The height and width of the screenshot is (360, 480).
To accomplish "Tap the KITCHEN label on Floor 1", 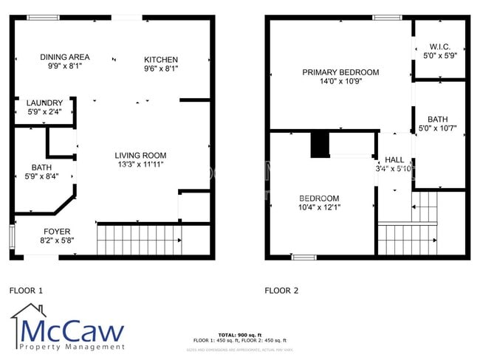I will [161, 60].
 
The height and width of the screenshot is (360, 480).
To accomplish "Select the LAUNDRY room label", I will [44, 103].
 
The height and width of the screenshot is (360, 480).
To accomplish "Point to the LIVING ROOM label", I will [140, 156].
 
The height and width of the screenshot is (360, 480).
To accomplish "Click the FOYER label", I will [57, 231].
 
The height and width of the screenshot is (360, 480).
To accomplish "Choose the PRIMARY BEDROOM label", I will [340, 72].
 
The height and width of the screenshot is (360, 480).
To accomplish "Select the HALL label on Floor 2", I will [394, 159].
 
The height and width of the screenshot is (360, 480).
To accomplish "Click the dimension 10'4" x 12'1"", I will [319, 207].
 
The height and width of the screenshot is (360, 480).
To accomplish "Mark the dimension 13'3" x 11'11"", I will [140, 165].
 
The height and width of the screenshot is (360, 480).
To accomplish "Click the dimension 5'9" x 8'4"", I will [41, 176].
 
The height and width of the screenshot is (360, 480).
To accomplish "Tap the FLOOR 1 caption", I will [26, 291].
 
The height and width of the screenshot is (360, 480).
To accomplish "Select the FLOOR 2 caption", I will [281, 291].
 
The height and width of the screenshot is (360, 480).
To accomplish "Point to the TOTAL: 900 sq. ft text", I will [239, 335].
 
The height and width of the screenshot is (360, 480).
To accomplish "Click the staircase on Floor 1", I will [140, 240].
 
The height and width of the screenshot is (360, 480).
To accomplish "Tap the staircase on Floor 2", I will [407, 238].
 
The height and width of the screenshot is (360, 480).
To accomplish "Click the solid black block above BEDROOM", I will [320, 144].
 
